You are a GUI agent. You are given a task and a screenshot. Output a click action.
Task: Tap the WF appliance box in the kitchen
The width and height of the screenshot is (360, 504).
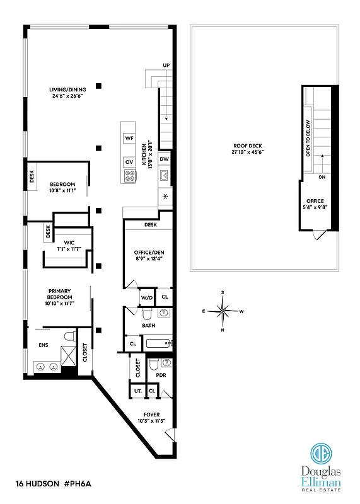click(129, 137)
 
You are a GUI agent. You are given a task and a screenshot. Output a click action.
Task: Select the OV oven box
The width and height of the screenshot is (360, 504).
click(129, 161)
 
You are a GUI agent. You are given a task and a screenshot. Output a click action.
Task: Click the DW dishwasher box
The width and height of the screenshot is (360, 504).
click(164, 159)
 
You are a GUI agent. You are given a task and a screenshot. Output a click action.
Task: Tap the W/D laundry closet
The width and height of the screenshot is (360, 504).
click(147, 297)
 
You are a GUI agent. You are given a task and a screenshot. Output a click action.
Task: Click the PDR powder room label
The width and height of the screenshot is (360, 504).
click(160, 374)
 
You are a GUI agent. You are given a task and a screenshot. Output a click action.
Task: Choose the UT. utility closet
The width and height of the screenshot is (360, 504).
click(137, 391)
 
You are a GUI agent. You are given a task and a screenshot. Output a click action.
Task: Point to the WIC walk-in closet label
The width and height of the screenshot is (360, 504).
click(69, 240)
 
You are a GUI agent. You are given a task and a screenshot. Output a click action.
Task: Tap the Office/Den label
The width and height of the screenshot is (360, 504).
click(145, 253)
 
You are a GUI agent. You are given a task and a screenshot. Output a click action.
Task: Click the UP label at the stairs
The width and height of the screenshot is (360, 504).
click(166, 66)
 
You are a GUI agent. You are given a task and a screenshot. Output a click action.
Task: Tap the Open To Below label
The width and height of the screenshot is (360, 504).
click(308, 138)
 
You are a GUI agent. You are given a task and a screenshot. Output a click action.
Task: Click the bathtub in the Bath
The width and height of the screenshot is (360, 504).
click(158, 343)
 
